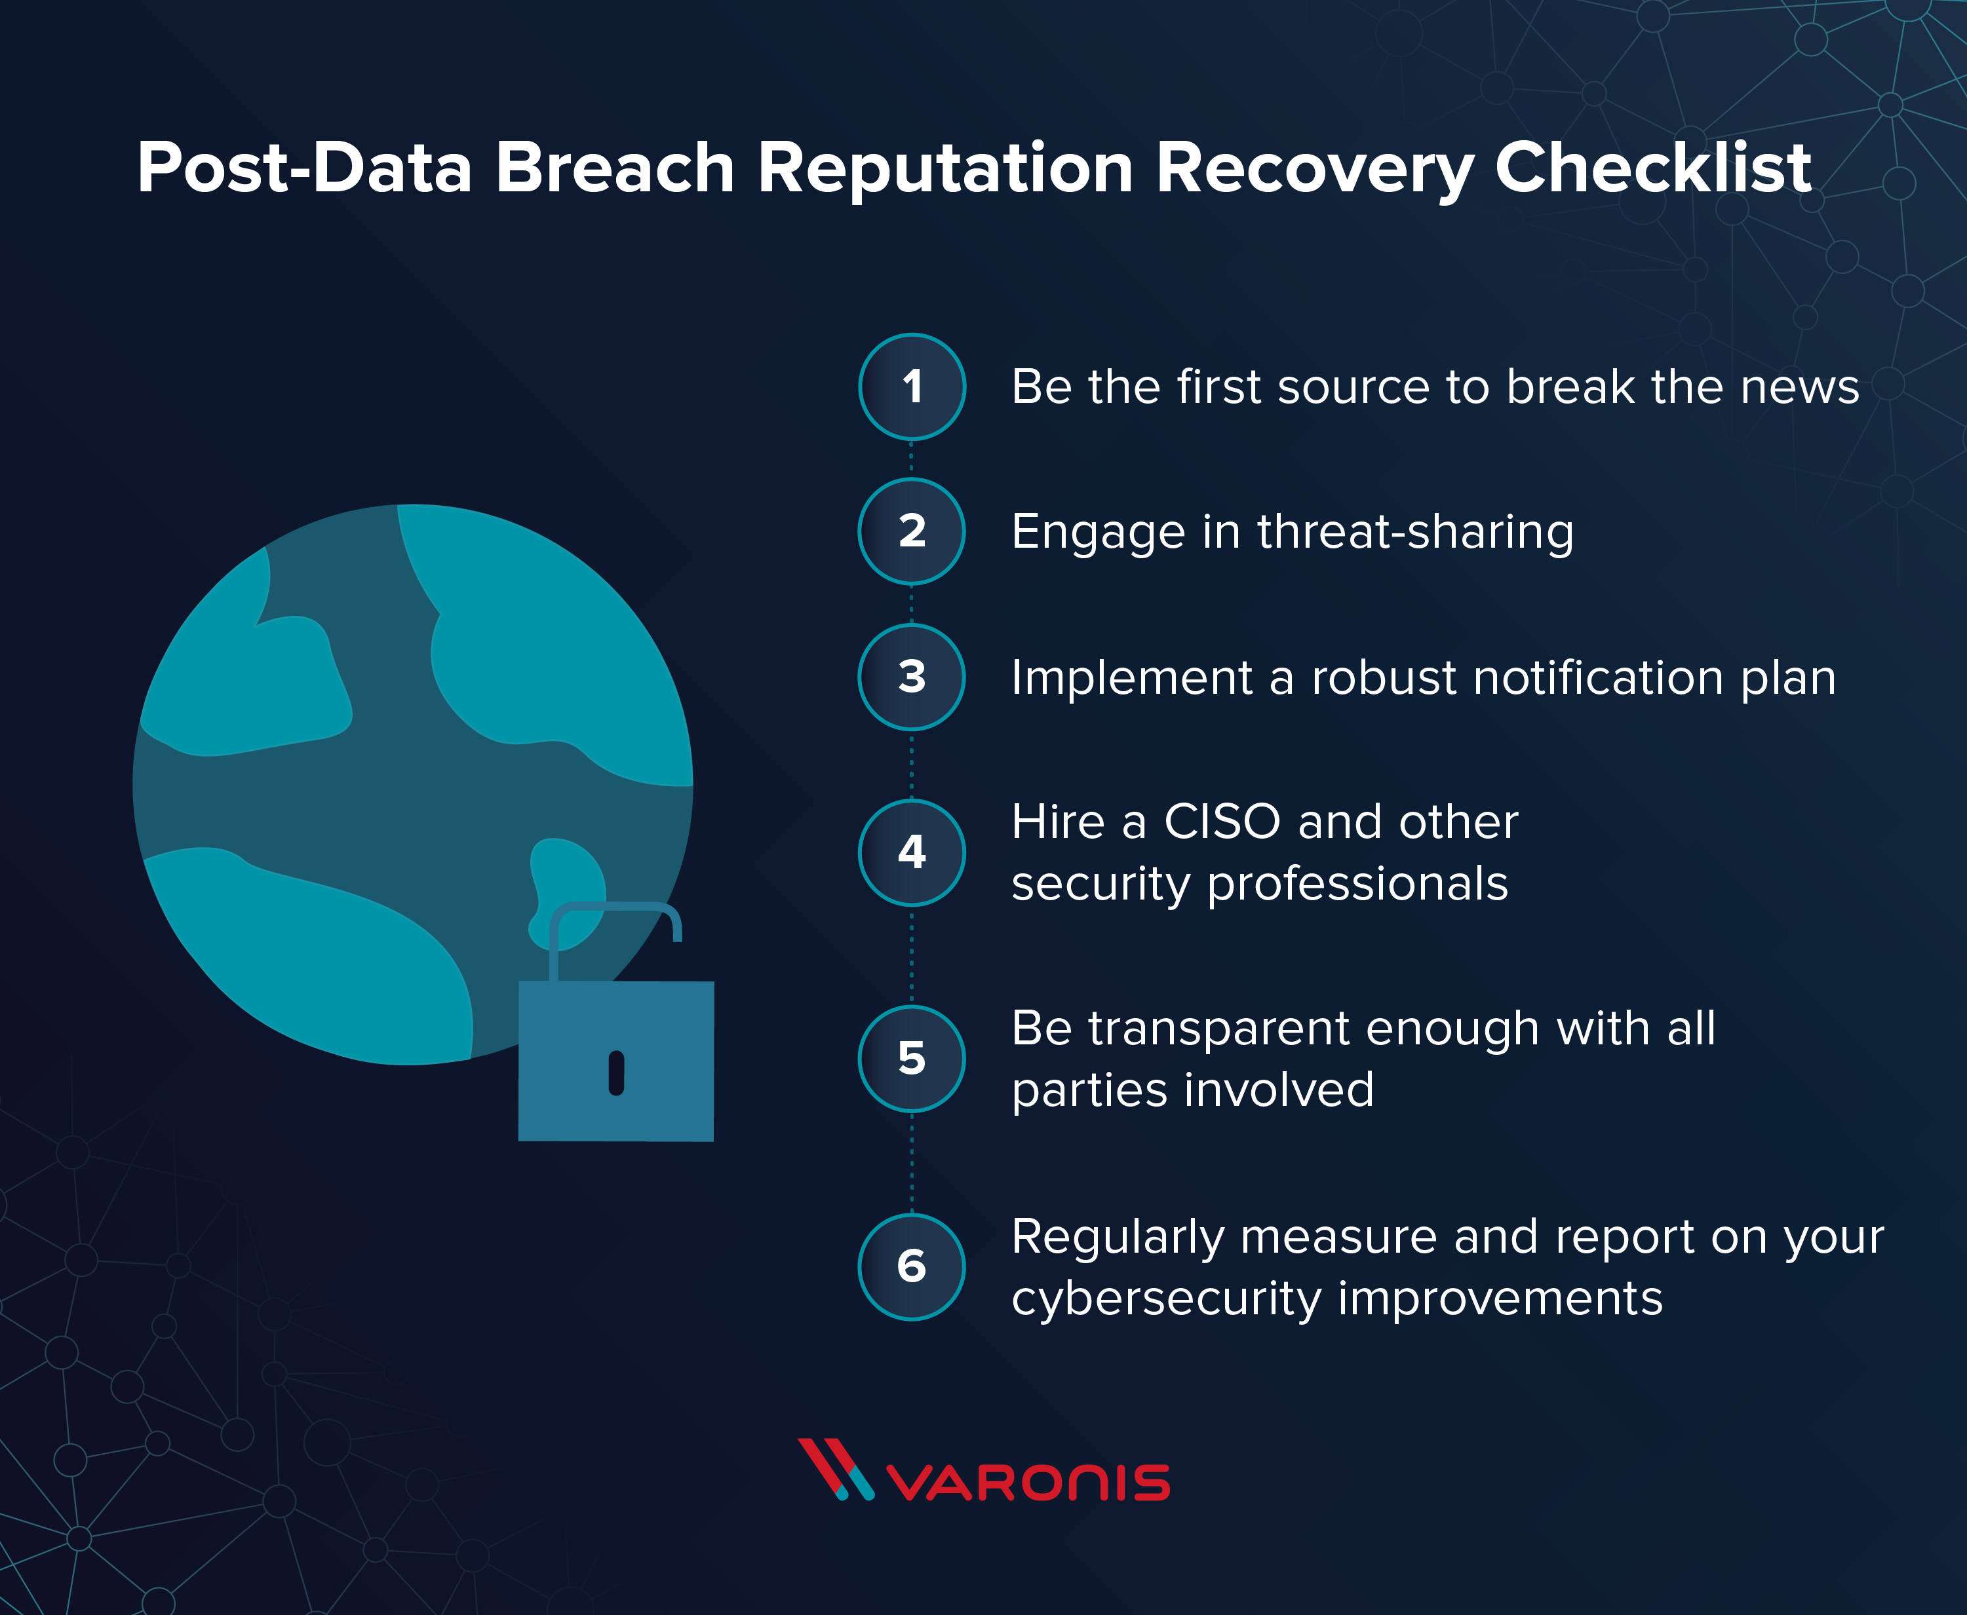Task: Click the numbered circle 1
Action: click(x=912, y=386)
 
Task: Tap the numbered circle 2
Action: click(x=912, y=531)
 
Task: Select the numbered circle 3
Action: click(x=912, y=676)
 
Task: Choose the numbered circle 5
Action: click(x=912, y=1059)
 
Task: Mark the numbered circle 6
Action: click(x=912, y=1266)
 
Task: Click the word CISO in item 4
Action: click(x=1222, y=822)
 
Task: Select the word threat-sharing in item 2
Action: click(x=1415, y=532)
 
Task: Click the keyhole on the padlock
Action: click(x=616, y=1073)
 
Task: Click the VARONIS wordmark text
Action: click(x=1028, y=1483)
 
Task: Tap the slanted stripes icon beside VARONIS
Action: click(x=834, y=1470)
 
